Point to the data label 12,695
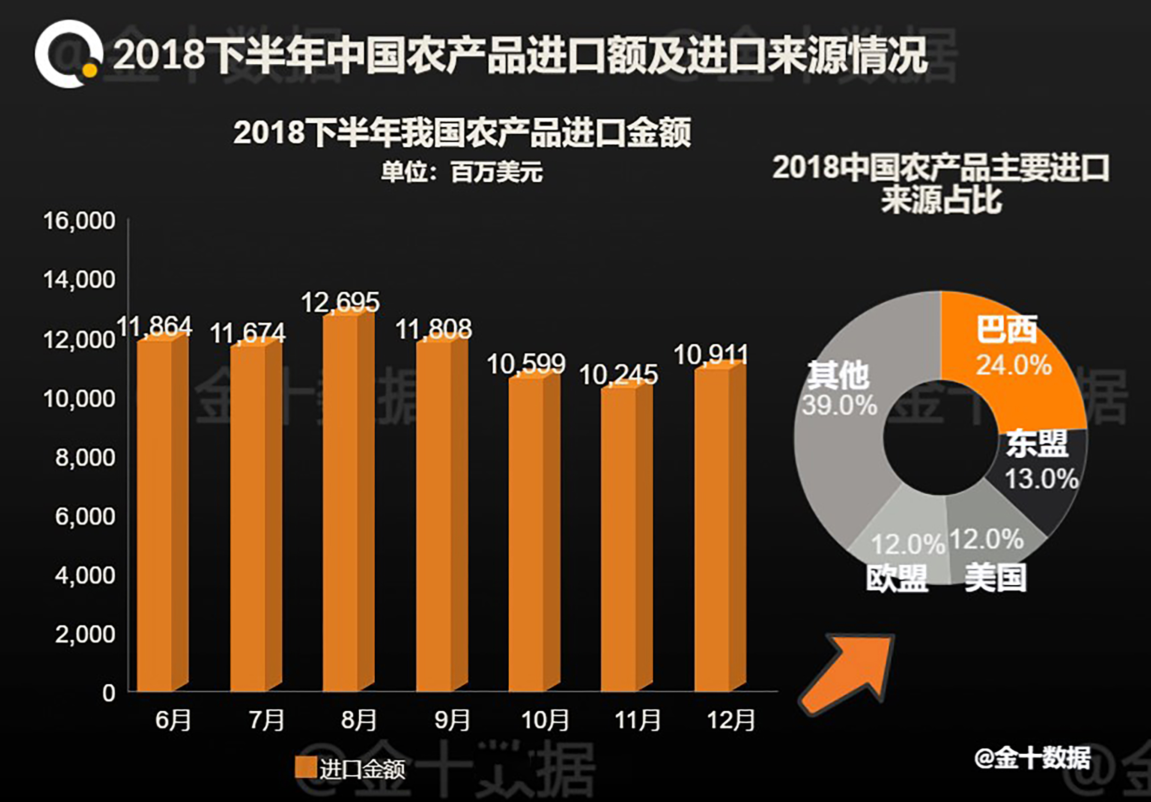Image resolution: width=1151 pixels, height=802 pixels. coord(340,302)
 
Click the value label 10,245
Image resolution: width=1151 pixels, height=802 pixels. coord(619,375)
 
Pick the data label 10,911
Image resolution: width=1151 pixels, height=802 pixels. coord(711,355)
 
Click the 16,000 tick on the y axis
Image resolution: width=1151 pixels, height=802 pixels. coord(79,221)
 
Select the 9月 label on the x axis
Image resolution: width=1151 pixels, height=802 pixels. coord(452,720)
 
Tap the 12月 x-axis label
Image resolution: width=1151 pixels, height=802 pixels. coord(731,720)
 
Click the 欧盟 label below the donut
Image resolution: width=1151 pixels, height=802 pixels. coord(898,579)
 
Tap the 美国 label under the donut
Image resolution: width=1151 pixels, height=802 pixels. coord(996,578)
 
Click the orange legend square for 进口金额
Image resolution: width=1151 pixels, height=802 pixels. coord(305,767)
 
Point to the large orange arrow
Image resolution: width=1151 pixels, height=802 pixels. coord(847,672)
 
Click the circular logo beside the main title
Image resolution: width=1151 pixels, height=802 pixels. coord(69,54)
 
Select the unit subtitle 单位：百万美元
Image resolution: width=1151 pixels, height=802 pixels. coord(462,172)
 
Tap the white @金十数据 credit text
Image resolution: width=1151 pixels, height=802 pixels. coord(1032,757)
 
